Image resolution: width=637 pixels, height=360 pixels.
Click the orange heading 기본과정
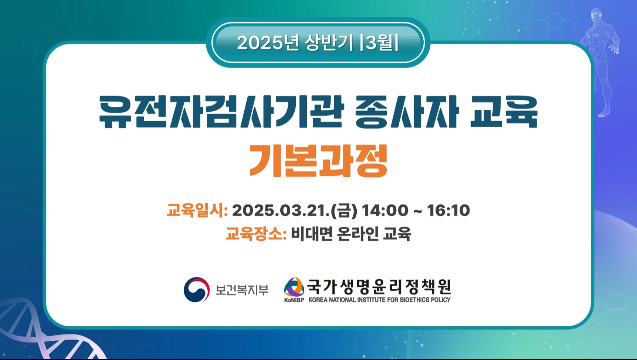(x=318, y=161)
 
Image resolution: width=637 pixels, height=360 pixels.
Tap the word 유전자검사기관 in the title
(x=222, y=112)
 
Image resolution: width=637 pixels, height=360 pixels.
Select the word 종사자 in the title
(x=407, y=112)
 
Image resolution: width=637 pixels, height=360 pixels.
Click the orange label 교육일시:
(x=197, y=211)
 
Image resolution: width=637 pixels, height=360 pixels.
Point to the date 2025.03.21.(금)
(x=295, y=211)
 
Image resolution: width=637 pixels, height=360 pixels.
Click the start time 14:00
(x=385, y=211)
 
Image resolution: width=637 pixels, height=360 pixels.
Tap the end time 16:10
(x=448, y=211)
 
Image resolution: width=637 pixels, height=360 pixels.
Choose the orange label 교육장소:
(x=256, y=234)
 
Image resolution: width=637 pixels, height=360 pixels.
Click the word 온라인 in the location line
(x=358, y=234)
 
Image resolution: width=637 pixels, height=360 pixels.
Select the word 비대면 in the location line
(x=312, y=234)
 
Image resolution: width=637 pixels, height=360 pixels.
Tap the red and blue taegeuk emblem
(x=197, y=290)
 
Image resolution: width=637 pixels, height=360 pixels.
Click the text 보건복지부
(x=242, y=290)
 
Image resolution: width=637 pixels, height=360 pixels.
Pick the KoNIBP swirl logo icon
(x=294, y=287)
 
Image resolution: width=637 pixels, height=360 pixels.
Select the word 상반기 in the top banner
(x=328, y=43)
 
